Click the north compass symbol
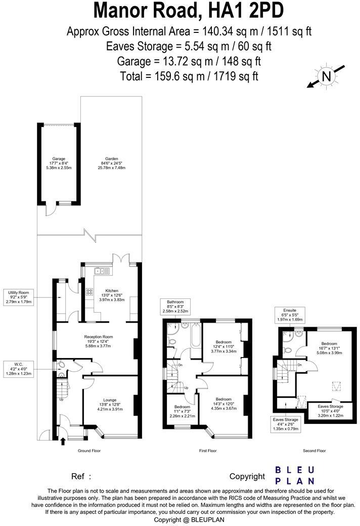pos(327,76)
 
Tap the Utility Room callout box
pos(19,297)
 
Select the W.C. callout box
pos(19,368)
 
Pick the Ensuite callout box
pos(289,315)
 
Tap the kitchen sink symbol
pos(102,271)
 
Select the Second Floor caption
pos(314,450)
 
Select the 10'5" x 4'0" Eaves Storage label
pos(330,410)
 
